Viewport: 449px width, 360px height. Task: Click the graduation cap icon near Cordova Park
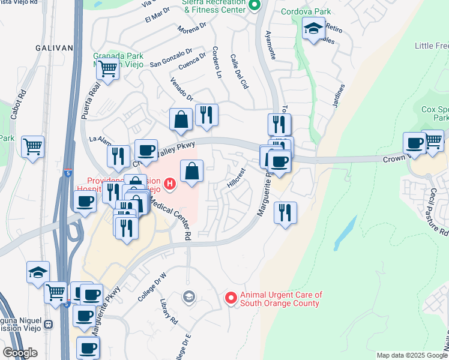click(313, 28)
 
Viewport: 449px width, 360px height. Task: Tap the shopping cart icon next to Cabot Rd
click(32, 146)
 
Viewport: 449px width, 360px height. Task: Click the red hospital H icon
click(170, 184)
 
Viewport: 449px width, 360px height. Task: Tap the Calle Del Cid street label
click(239, 73)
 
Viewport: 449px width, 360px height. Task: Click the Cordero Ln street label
click(217, 62)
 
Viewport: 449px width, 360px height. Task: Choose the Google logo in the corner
click(20, 353)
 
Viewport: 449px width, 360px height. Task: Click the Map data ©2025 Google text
click(411, 355)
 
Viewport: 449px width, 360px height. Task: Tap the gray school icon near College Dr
click(189, 296)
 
